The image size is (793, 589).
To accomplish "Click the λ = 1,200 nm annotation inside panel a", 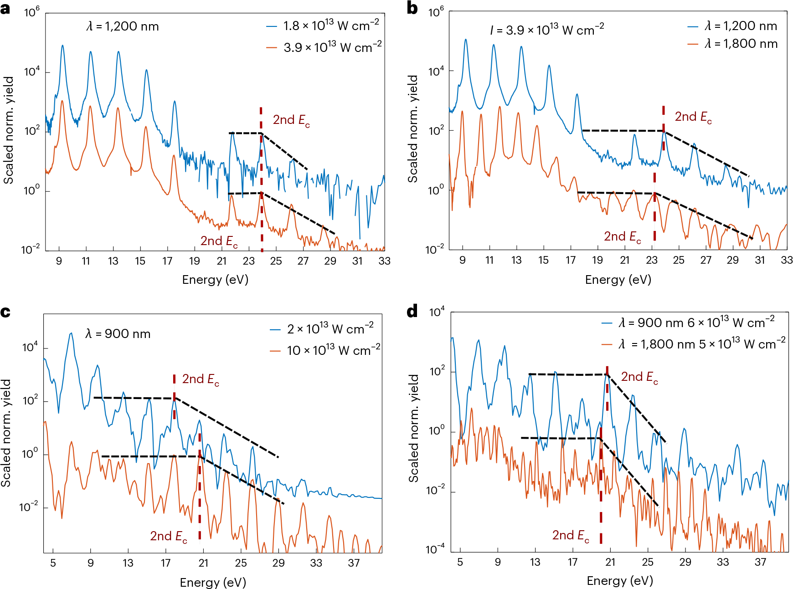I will [x=123, y=26].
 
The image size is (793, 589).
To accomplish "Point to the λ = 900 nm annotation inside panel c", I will [x=118, y=334].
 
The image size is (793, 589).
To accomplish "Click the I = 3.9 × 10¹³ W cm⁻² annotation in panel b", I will [x=547, y=30].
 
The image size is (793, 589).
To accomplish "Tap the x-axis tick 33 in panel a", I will [x=384, y=261].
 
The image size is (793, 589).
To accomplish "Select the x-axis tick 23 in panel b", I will [x=652, y=260].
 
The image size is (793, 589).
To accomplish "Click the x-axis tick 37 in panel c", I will [x=354, y=563].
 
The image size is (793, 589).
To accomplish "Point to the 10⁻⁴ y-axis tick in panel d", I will [x=435, y=549].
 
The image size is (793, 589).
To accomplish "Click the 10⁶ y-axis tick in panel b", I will [x=436, y=12].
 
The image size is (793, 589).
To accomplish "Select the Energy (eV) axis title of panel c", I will [x=213, y=582].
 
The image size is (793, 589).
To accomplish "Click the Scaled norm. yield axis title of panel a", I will [x=8, y=130].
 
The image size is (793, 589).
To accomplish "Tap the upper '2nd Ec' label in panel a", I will [x=291, y=120].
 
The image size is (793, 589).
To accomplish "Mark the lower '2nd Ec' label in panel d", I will [x=571, y=535].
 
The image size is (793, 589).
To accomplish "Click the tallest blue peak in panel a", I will [x=62, y=46].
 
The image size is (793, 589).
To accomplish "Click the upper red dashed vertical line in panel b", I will [x=664, y=128].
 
